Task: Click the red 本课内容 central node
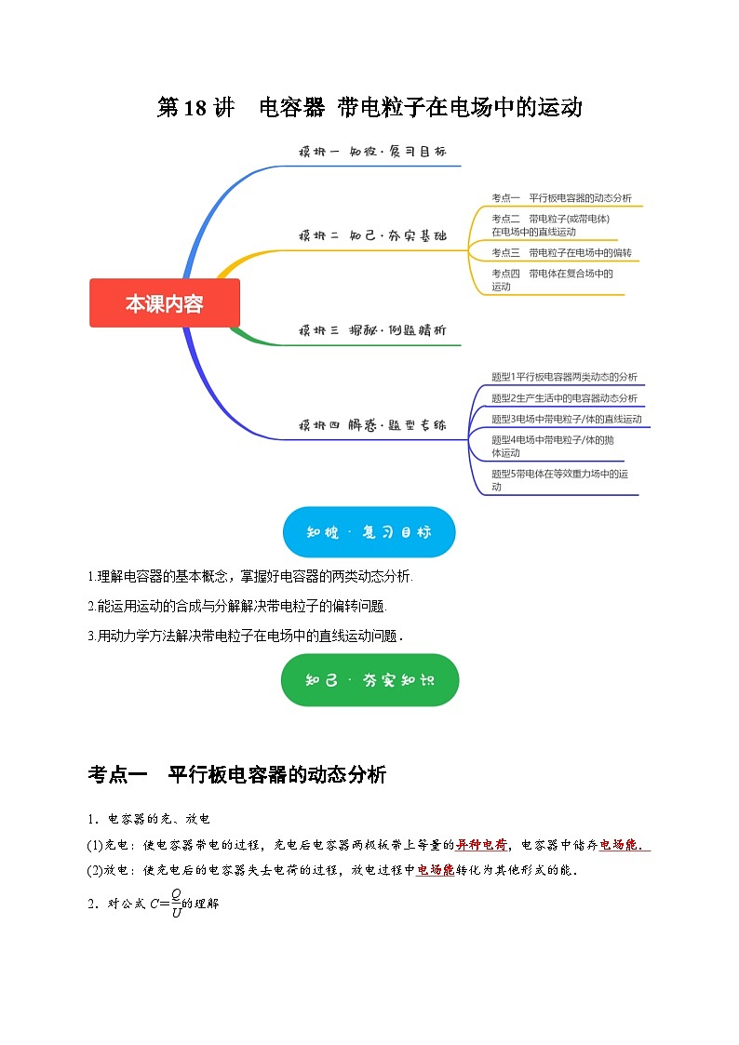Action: tap(165, 303)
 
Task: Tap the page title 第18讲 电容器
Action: tap(369, 107)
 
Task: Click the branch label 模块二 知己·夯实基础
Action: tap(372, 236)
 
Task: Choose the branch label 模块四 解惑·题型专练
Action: tap(372, 425)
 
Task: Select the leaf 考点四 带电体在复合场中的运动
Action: tap(553, 279)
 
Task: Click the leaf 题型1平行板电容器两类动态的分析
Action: tap(564, 377)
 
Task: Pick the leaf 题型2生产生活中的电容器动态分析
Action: tap(564, 398)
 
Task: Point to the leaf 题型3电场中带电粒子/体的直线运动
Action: tap(566, 419)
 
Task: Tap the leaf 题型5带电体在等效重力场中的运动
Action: tap(559, 479)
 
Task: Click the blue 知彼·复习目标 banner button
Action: tap(369, 532)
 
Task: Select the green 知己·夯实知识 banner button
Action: tap(369, 679)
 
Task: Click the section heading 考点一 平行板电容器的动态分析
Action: tap(237, 774)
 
